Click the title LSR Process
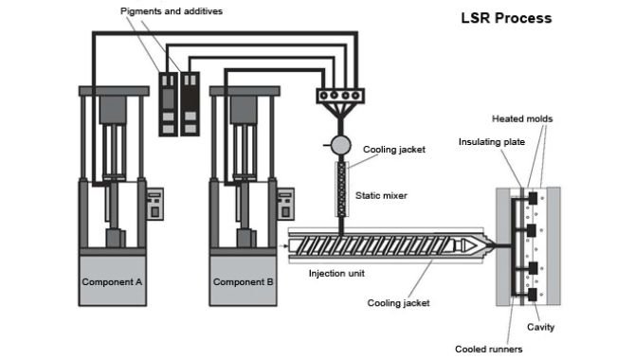coord(506,17)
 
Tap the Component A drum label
coord(112,281)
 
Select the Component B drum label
coord(243,281)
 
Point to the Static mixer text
coord(381,196)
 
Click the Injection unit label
coord(337,274)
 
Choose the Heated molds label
coord(521,118)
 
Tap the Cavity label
coord(540,327)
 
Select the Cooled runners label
coord(488,349)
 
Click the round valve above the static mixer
coord(341,145)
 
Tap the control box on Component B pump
coord(285,204)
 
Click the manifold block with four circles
coord(341,95)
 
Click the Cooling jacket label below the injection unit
coord(398,303)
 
